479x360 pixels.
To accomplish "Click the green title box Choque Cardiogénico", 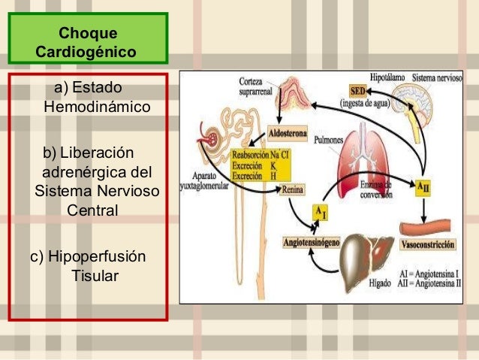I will [88, 43].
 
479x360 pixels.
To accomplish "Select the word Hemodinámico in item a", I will [98, 107].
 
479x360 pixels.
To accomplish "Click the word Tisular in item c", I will [95, 276].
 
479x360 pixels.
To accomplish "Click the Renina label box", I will [293, 190].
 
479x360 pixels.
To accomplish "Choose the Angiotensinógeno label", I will [312, 243].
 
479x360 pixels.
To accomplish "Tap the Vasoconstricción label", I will [429, 246].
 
